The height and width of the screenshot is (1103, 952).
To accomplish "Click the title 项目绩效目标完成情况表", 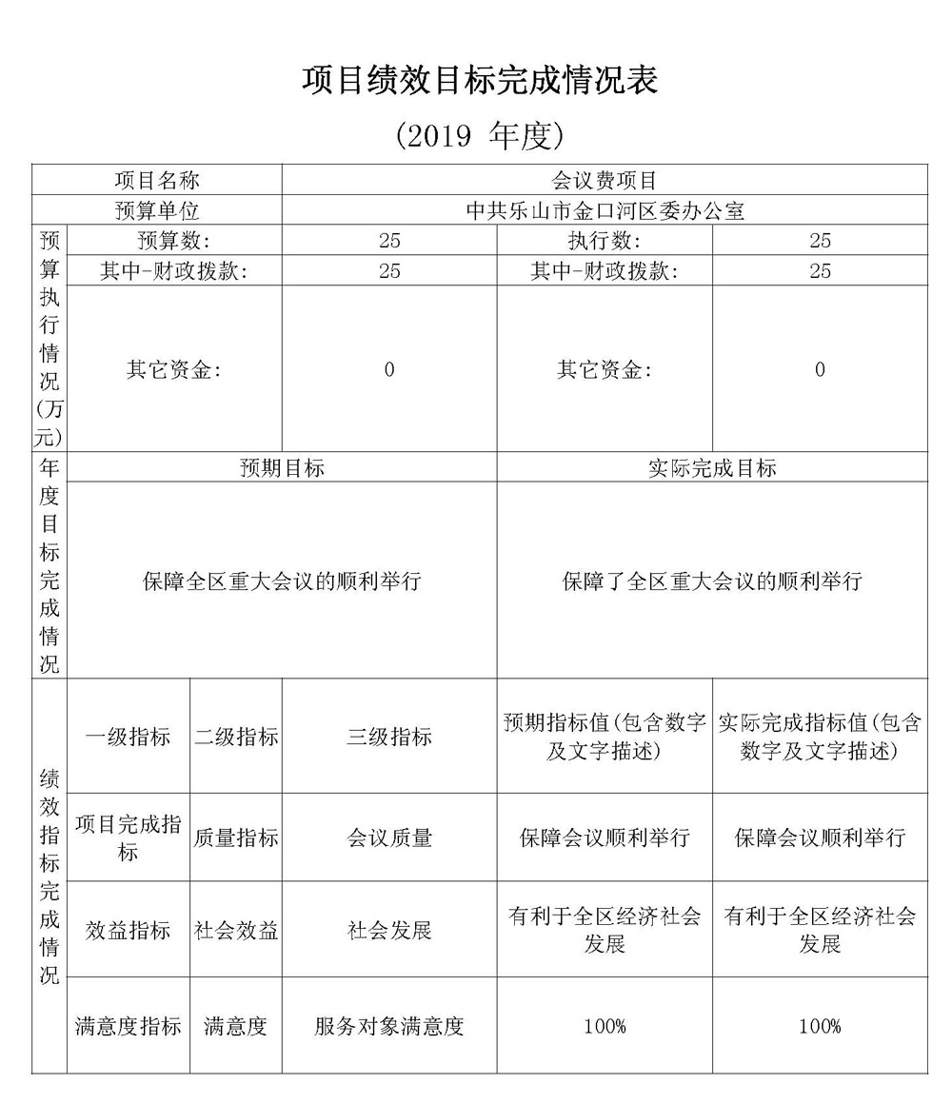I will [480, 81].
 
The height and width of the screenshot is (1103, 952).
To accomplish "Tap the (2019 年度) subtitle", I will [480, 136].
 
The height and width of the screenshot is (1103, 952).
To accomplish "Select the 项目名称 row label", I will [157, 180].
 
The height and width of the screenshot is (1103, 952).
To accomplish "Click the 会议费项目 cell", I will [605, 180].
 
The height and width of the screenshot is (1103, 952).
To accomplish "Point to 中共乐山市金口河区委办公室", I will [605, 210].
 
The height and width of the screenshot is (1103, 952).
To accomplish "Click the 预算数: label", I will [174, 241].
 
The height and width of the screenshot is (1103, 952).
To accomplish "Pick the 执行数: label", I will [605, 241].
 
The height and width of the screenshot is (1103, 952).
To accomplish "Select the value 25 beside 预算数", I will [389, 241].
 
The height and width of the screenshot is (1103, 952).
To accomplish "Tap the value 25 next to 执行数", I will [820, 241].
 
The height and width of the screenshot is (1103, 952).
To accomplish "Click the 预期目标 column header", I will [282, 467].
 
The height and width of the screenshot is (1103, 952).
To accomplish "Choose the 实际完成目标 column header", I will [711, 467].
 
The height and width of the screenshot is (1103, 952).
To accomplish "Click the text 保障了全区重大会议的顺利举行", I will [711, 581].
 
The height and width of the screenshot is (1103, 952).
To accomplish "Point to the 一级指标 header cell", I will [129, 737].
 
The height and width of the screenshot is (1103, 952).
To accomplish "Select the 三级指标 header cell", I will [389, 737].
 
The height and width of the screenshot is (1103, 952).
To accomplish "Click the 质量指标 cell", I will [236, 837].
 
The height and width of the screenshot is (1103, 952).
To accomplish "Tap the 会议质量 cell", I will [389, 837].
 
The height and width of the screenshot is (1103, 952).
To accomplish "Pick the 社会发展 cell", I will [389, 930].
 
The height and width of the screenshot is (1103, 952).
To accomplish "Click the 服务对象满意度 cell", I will [389, 1026].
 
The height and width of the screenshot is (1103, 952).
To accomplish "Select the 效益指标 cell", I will [129, 930].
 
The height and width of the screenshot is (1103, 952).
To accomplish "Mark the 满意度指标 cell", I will [129, 1026].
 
